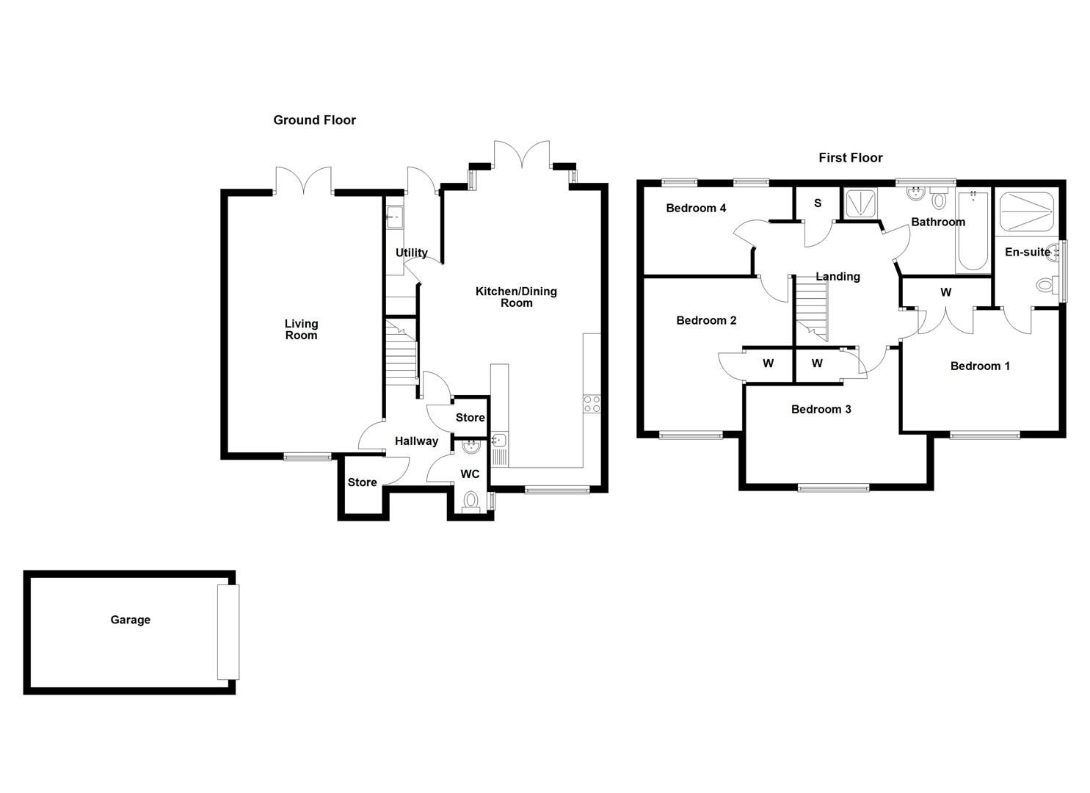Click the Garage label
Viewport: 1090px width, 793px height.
[x=130, y=620]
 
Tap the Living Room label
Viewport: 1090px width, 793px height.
[x=301, y=330]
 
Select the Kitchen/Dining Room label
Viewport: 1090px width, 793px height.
[x=516, y=297]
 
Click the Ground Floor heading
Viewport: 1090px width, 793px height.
[x=314, y=120]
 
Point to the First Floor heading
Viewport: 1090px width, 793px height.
[x=850, y=158]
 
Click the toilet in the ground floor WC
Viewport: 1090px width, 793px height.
[x=470, y=501]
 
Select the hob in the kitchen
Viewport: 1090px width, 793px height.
[x=591, y=404]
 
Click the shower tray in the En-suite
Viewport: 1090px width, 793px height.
[x=1027, y=211]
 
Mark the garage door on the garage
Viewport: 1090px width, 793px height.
[x=228, y=631]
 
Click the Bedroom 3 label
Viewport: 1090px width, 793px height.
[x=821, y=409]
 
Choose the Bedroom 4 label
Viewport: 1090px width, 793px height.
[x=696, y=209]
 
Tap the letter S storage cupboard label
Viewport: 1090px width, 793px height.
[x=818, y=203]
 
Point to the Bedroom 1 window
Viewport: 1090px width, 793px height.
[x=984, y=435]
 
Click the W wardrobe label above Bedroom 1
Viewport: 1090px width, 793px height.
[x=945, y=292]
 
